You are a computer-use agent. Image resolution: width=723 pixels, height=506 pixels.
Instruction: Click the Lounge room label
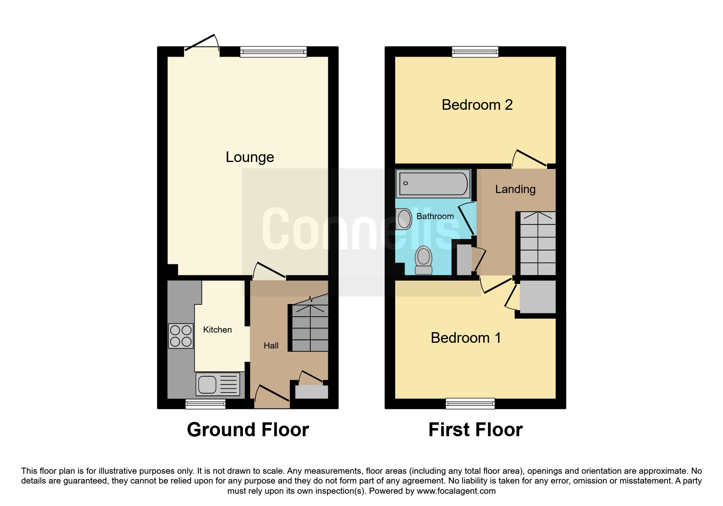tap(250, 158)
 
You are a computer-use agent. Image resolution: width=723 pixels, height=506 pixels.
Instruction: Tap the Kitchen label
tap(217, 330)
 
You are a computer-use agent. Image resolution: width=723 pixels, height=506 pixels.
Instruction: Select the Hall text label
tap(271, 346)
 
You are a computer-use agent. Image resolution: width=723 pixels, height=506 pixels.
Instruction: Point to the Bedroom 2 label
tap(477, 105)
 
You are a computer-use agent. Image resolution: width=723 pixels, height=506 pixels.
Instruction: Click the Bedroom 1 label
tap(466, 338)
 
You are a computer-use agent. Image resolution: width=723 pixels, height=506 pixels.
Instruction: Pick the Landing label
tap(515, 189)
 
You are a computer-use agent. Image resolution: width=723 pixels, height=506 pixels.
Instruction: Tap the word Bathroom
tap(435, 216)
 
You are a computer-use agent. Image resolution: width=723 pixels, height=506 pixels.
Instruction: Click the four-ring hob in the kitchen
tap(181, 336)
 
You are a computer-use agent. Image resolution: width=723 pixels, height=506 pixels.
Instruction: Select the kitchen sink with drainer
tap(218, 384)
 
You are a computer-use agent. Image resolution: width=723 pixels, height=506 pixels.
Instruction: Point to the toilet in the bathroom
tap(424, 260)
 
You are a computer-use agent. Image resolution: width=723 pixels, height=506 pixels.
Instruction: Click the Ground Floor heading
tap(248, 430)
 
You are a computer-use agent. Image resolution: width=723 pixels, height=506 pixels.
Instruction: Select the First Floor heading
tap(476, 430)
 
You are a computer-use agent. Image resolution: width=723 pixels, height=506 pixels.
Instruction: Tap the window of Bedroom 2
tap(475, 52)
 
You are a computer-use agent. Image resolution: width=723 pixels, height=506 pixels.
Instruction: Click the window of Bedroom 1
tap(470, 404)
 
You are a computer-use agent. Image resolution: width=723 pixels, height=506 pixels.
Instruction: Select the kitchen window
tap(205, 404)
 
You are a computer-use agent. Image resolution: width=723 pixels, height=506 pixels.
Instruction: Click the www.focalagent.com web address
tap(456, 491)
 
